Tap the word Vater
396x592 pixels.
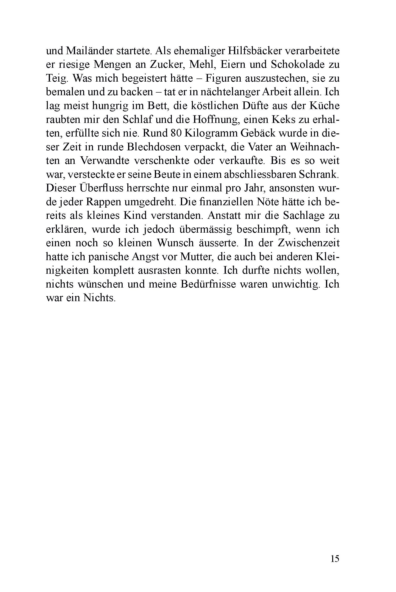pos(262,147)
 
